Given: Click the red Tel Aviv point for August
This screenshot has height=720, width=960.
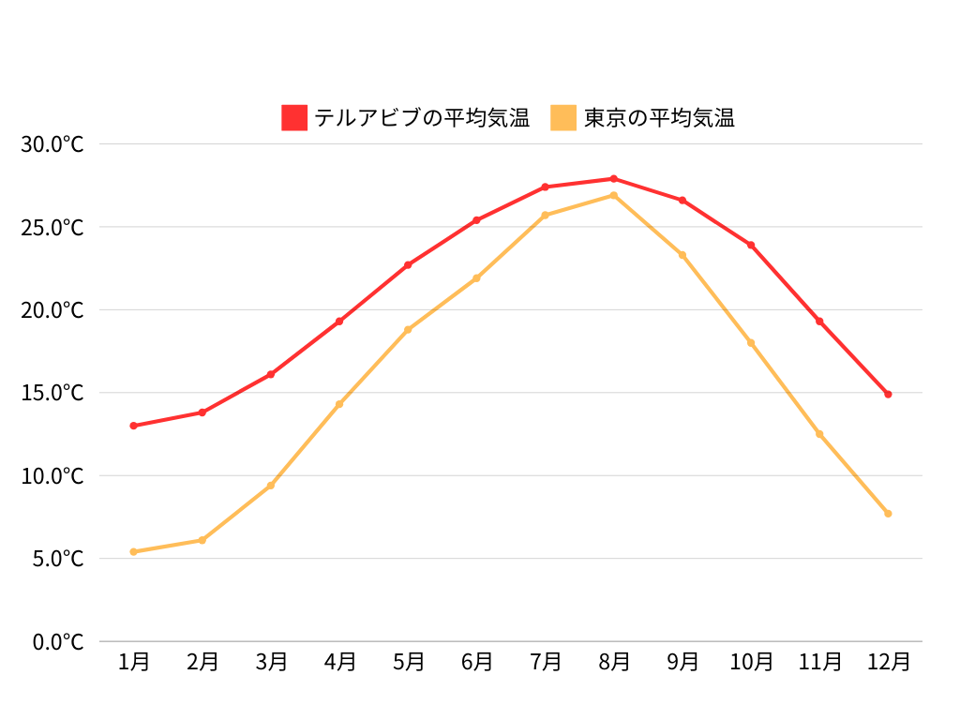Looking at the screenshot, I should click(614, 178).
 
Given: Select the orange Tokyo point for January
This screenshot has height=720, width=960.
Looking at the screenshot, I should click(134, 551).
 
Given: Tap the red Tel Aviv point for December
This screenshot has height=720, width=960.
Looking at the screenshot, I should click(888, 394).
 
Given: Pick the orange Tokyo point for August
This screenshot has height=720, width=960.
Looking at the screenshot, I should click(614, 195).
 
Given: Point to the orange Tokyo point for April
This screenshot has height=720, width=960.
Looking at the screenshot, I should click(339, 404).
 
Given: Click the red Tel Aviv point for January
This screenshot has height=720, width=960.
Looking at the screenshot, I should click(134, 426).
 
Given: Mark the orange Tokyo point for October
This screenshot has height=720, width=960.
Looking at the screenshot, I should click(751, 343).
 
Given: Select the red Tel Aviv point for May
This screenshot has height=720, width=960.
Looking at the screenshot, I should click(408, 265).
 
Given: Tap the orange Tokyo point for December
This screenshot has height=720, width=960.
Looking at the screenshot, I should click(888, 514).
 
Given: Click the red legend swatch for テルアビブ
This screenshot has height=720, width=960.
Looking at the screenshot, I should click(294, 118).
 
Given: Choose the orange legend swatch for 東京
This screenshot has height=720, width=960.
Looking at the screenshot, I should click(563, 118).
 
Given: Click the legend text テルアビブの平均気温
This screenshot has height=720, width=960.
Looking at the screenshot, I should click(422, 118).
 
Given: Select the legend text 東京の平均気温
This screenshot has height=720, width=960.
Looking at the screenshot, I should click(659, 118).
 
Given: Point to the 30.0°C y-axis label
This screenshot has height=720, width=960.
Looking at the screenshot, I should click(52, 144).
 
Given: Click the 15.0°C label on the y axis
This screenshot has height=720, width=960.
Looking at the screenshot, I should click(52, 393).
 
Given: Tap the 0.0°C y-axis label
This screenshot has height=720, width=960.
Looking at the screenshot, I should click(58, 642).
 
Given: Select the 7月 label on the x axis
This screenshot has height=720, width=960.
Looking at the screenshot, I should click(546, 662).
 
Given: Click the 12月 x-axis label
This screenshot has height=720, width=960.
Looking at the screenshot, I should click(888, 662).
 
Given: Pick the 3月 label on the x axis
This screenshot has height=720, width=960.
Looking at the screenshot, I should click(271, 662).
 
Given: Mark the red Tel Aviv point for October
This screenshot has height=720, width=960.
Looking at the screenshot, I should click(751, 245).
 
